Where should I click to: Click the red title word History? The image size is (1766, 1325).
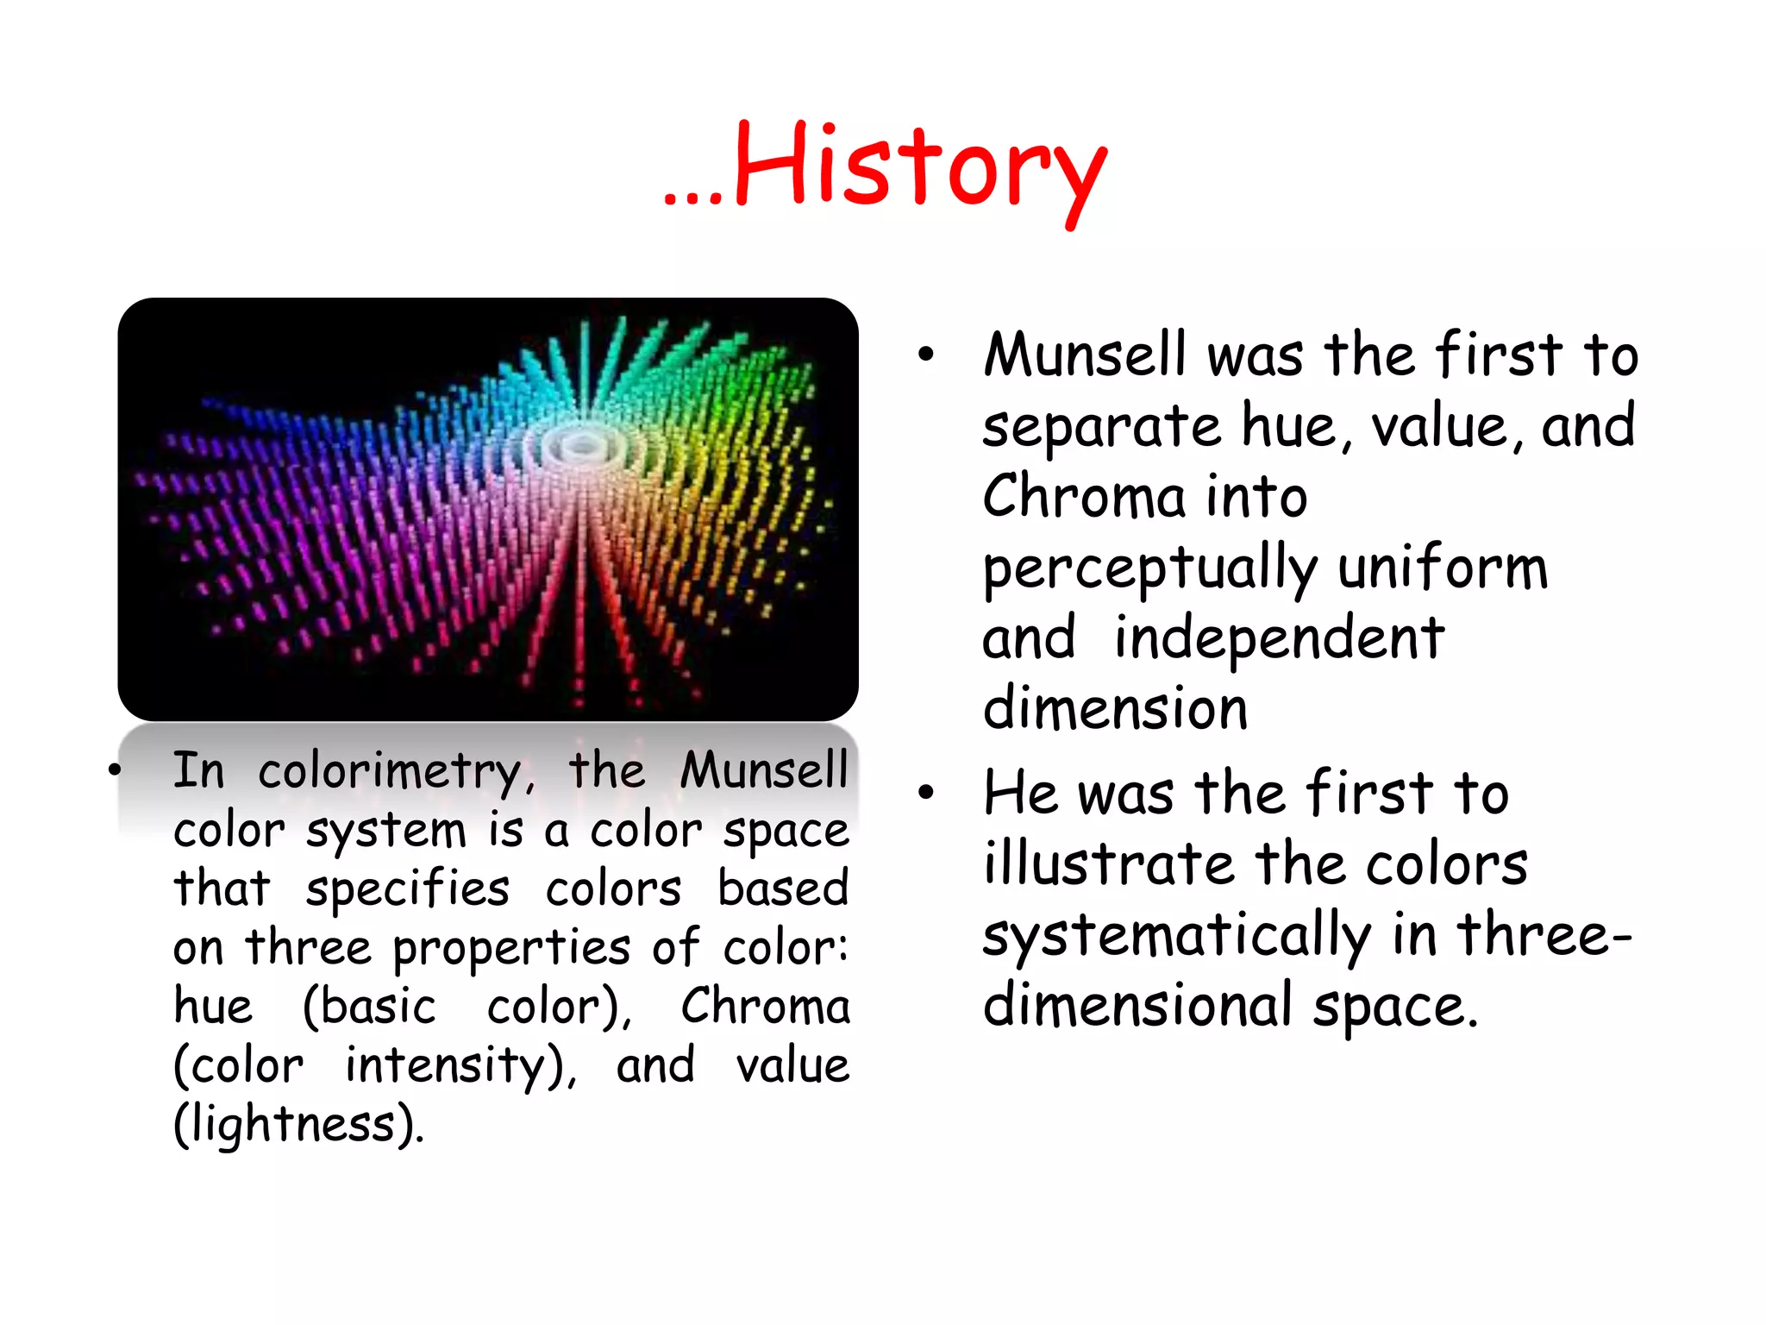pyautogui.click(x=919, y=168)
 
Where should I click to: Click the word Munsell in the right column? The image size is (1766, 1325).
pyautogui.click(x=1085, y=355)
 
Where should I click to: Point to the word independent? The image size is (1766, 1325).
pyautogui.click(x=1279, y=639)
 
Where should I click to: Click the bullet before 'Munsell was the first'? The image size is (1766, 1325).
pyautogui.click(x=926, y=355)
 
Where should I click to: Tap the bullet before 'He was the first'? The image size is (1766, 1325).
pyautogui.click(x=926, y=792)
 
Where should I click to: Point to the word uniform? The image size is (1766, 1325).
pyautogui.click(x=1442, y=569)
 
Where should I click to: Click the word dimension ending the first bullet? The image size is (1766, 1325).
pyautogui.click(x=1115, y=709)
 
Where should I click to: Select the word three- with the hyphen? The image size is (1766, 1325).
pyautogui.click(x=1544, y=935)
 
